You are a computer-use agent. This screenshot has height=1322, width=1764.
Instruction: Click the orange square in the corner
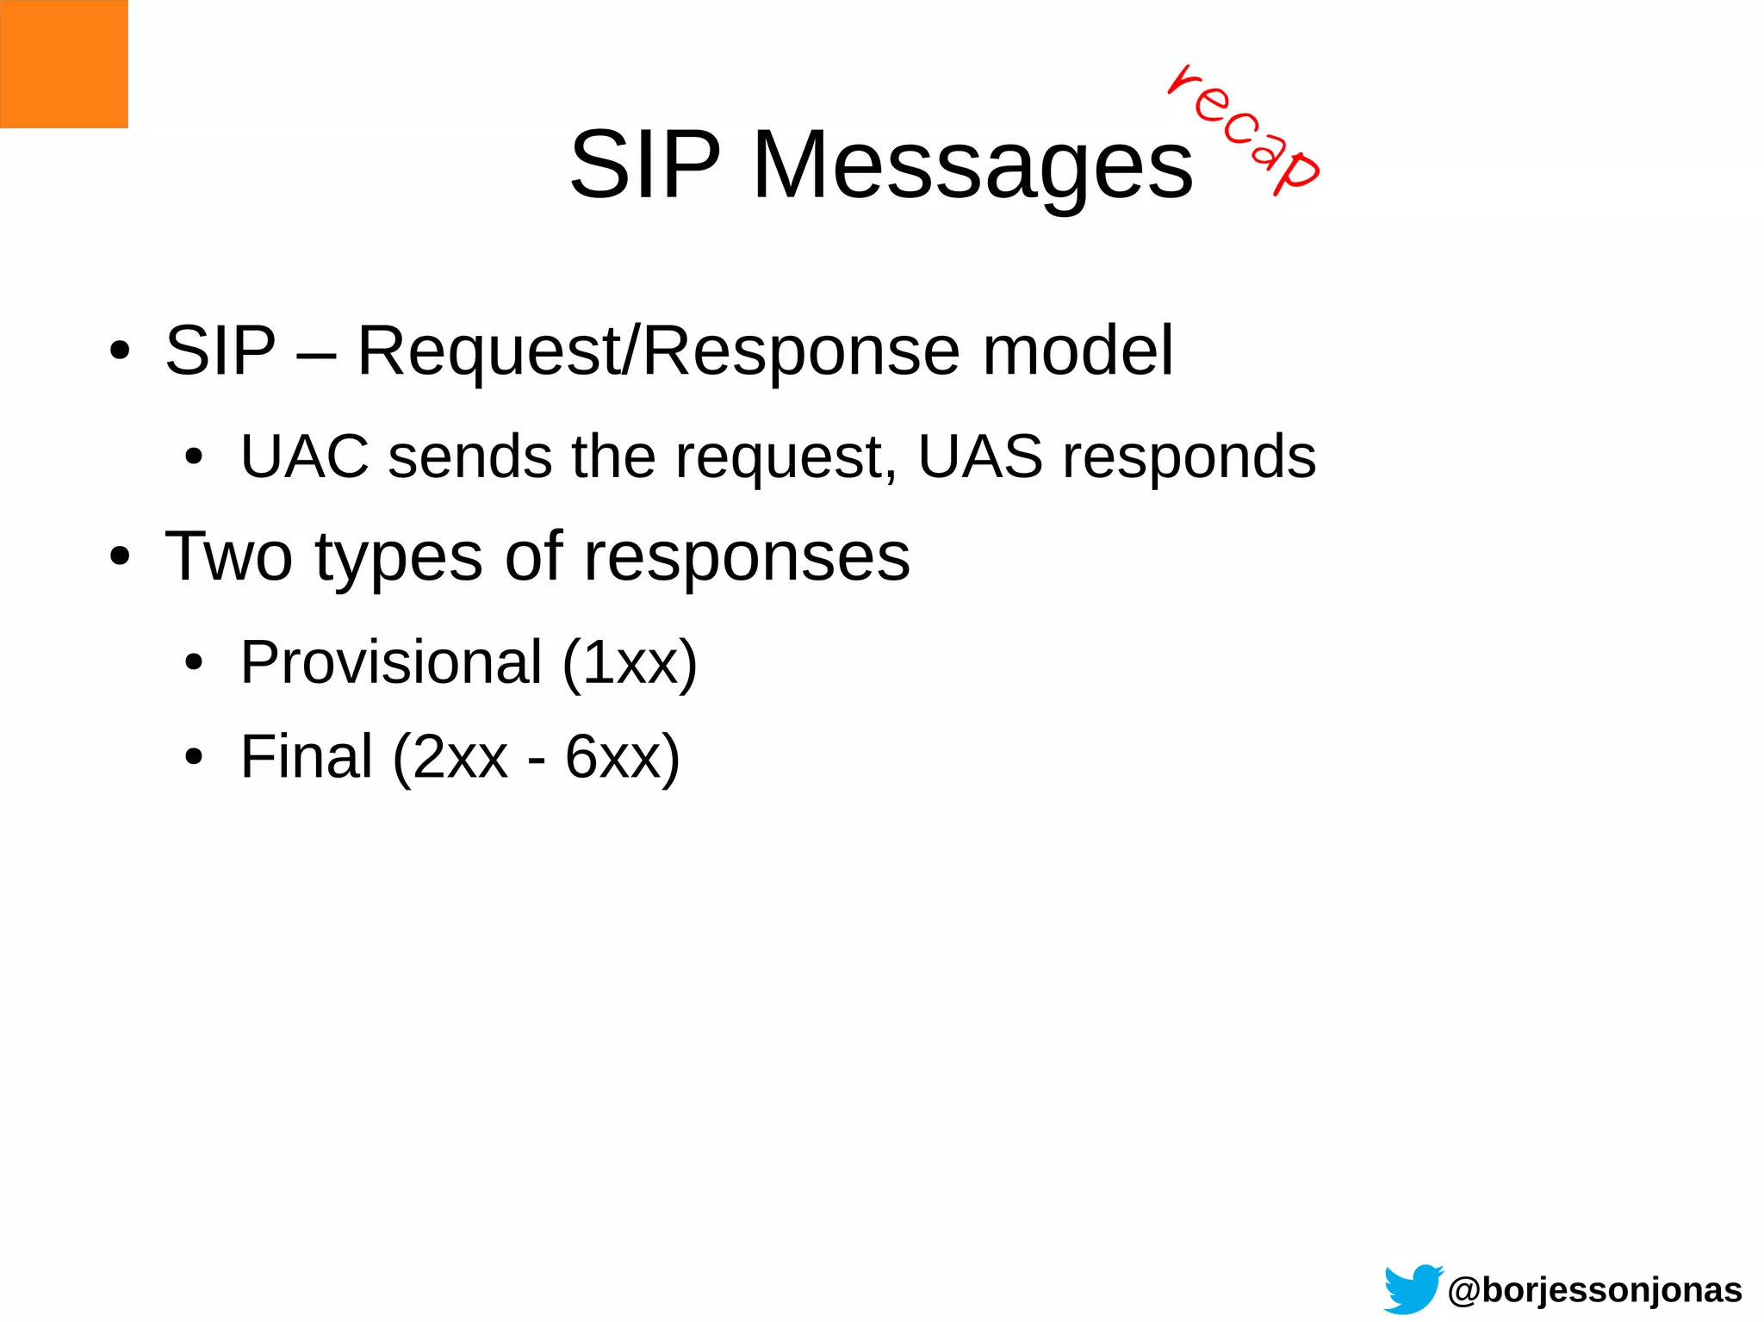(x=64, y=64)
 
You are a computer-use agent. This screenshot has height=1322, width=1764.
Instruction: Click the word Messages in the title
(x=972, y=165)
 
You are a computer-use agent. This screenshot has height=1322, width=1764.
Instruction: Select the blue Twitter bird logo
(x=1413, y=1288)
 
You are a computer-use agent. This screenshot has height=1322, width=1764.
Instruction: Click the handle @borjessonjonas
(x=1594, y=1290)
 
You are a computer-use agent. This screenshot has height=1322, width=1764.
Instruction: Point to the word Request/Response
(x=658, y=351)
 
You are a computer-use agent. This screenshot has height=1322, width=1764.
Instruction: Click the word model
(x=1078, y=351)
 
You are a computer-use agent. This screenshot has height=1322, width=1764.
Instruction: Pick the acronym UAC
(x=304, y=456)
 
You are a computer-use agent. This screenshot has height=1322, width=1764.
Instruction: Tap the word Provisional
(x=391, y=662)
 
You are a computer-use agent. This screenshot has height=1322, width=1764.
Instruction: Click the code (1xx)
(x=630, y=664)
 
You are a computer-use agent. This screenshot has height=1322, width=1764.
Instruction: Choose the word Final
(x=306, y=757)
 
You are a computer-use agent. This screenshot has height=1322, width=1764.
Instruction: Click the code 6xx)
(x=622, y=758)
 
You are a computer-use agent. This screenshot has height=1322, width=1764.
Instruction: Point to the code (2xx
(x=450, y=758)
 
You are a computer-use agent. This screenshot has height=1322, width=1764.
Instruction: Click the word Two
(x=228, y=557)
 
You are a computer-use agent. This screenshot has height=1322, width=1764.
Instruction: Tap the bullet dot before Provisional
(x=194, y=664)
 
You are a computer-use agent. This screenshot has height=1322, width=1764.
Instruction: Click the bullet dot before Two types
(x=120, y=557)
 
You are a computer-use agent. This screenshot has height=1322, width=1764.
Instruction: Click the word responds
(x=1189, y=458)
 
